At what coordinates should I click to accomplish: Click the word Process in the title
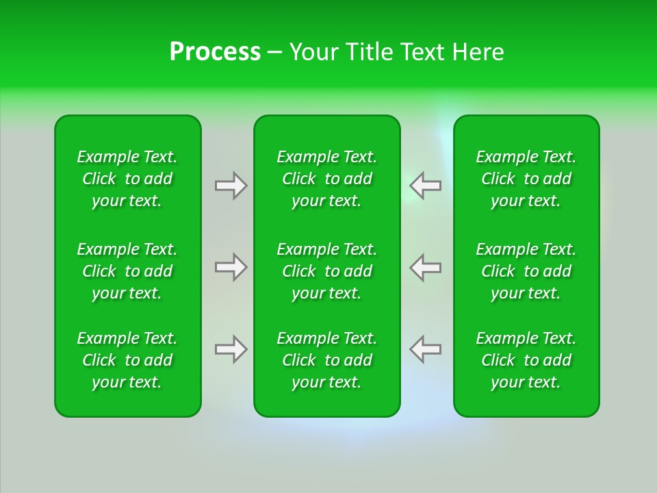coord(215,52)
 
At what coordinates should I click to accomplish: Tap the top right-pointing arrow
coord(231,186)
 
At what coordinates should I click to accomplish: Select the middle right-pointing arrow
coord(231,267)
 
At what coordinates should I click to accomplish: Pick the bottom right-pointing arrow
coord(231,349)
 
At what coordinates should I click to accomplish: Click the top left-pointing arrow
coord(425,186)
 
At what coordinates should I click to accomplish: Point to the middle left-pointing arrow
coord(425,267)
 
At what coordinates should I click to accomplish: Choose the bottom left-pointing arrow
coord(425,349)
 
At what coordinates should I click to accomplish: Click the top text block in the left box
coord(127,179)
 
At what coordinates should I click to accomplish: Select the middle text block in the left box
coord(127,271)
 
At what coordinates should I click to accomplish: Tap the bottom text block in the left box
coord(127,360)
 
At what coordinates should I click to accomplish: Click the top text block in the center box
coord(326,179)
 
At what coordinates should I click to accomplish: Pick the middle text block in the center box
coord(326,271)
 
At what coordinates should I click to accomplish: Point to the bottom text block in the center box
coord(326,360)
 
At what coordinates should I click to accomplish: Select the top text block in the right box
coord(526,179)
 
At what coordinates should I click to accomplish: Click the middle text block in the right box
coord(526,271)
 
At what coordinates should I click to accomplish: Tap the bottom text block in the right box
coord(526,360)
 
